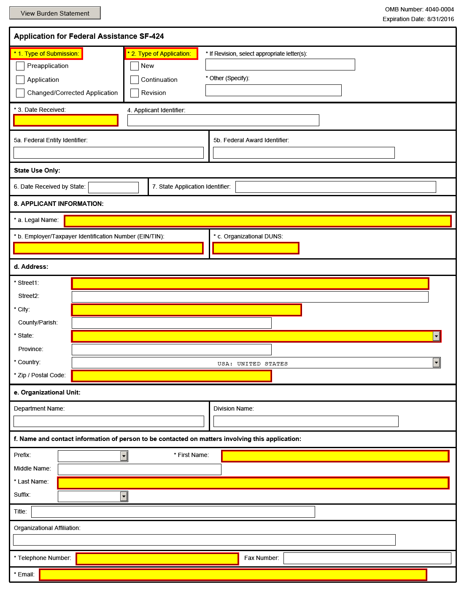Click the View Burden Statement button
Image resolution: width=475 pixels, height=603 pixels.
pyautogui.click(x=55, y=13)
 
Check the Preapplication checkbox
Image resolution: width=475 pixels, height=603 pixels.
pyautogui.click(x=20, y=66)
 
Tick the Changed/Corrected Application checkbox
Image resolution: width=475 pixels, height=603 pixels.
pyautogui.click(x=20, y=93)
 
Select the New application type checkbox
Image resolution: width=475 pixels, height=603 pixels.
pyautogui.click(x=135, y=66)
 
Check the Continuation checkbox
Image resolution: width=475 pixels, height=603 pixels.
pyautogui.click(x=135, y=80)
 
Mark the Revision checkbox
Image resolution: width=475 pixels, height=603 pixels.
pyautogui.click(x=135, y=93)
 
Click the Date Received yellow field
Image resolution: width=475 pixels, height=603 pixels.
pyautogui.click(x=66, y=120)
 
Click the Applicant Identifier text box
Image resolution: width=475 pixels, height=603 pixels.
pyautogui.click(x=223, y=120)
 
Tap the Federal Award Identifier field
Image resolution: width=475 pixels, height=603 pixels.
pyautogui.click(x=304, y=153)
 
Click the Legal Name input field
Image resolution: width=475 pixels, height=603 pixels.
pyautogui.click(x=258, y=221)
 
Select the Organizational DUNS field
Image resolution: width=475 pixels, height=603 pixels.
pyautogui.click(x=256, y=248)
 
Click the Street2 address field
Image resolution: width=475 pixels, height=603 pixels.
pyautogui.click(x=250, y=297)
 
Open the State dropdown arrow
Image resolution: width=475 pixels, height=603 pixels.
pyautogui.click(x=436, y=336)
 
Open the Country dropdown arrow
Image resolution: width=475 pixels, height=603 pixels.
pyautogui.click(x=436, y=363)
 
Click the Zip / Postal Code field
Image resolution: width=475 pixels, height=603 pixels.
pyautogui.click(x=171, y=376)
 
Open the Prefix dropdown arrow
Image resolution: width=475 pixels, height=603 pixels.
pyautogui.click(x=124, y=456)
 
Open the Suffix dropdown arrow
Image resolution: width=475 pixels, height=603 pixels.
pyautogui.click(x=124, y=496)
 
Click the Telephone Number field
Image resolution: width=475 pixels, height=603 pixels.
pyautogui.click(x=157, y=559)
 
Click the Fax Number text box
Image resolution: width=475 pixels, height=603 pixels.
pyautogui.click(x=367, y=558)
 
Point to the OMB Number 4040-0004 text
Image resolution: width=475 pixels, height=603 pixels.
pyautogui.click(x=419, y=9)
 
